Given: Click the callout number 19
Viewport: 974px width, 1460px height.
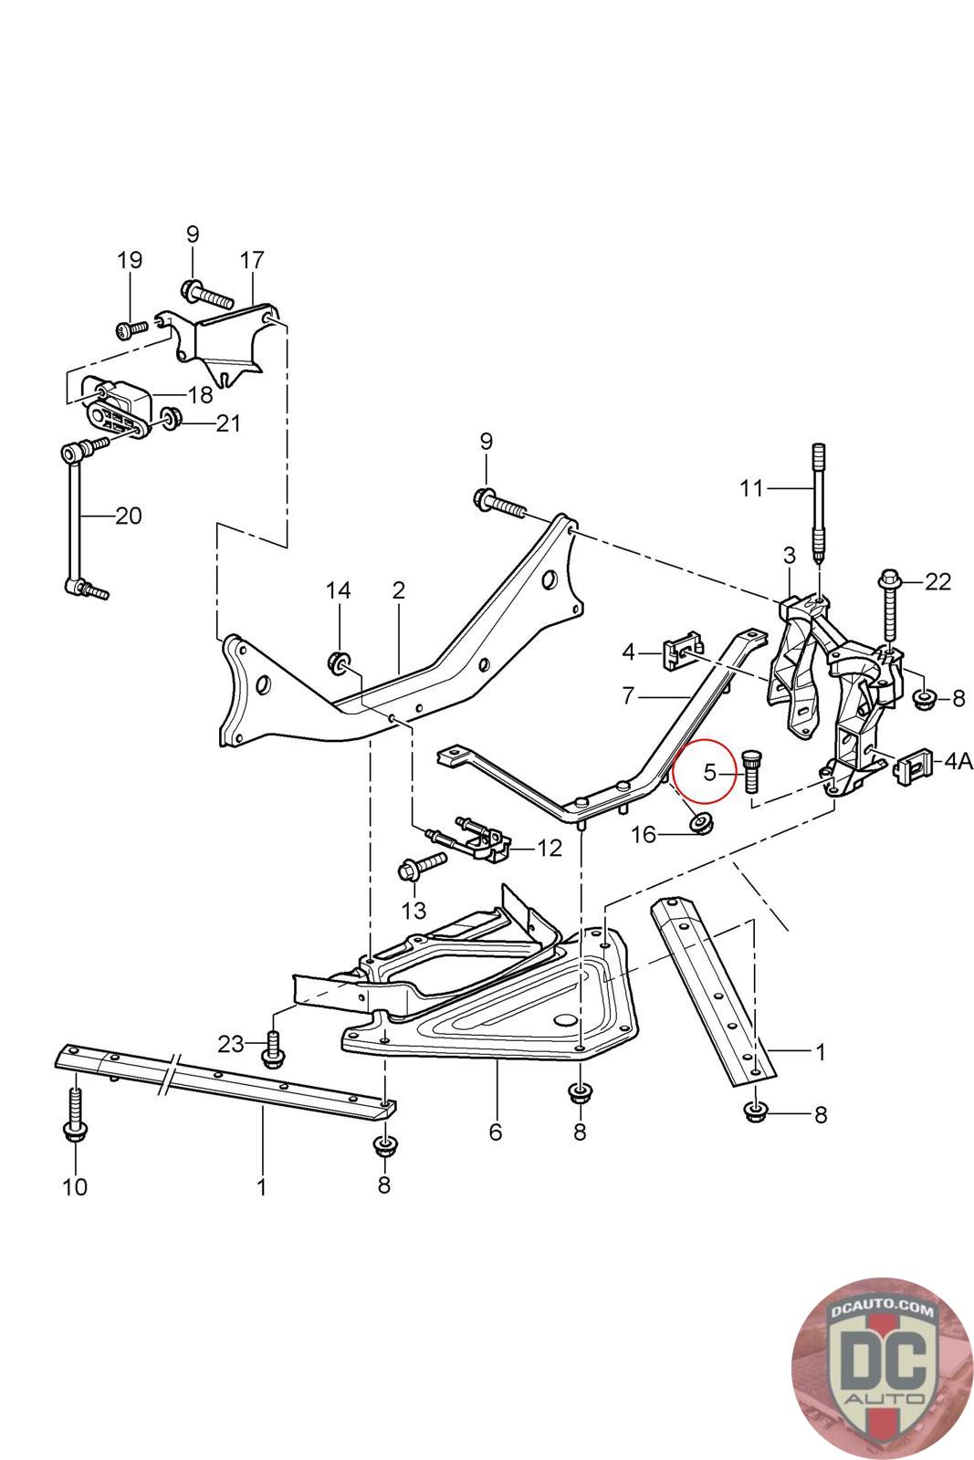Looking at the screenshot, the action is pos(130,261).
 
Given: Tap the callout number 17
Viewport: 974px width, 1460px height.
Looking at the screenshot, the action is pos(252,261).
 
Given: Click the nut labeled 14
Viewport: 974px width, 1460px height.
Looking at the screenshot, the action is pos(339,662).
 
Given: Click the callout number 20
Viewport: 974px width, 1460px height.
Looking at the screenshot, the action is pos(129,516).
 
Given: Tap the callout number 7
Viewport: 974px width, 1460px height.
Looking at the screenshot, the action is pos(628,696).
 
